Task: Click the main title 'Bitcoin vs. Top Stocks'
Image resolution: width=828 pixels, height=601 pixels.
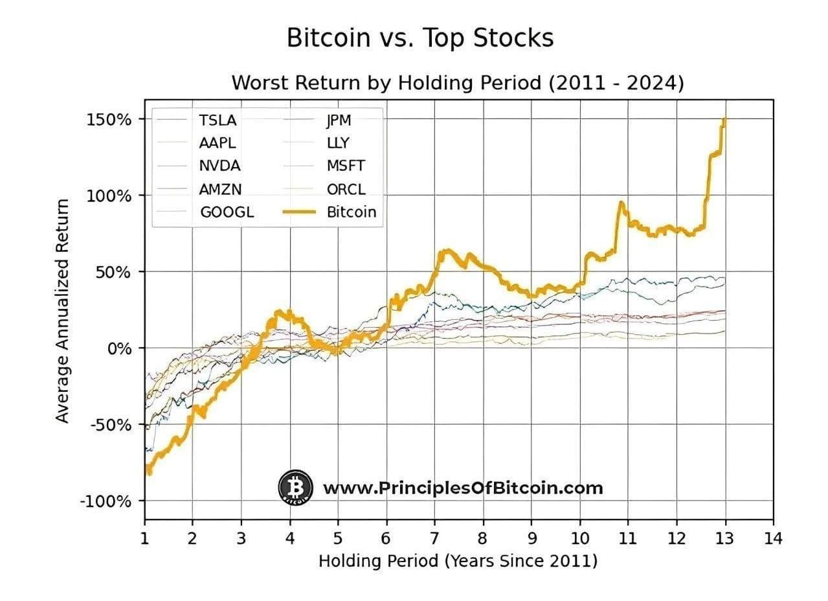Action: click(420, 38)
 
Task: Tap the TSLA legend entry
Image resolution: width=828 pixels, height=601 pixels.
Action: click(218, 120)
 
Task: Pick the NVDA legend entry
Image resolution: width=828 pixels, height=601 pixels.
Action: click(219, 165)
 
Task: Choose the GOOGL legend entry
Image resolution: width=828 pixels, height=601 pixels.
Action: click(227, 211)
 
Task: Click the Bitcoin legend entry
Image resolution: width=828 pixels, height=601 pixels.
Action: click(351, 211)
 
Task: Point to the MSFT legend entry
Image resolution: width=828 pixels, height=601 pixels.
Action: click(346, 165)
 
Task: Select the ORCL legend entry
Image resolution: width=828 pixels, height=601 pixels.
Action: click(346, 188)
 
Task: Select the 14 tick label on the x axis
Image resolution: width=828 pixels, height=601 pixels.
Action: click(772, 538)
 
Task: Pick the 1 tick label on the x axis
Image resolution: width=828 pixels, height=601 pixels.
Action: click(144, 538)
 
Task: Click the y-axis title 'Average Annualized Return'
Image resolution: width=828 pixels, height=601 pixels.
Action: click(62, 311)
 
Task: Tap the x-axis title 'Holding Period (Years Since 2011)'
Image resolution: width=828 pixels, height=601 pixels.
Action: click(458, 561)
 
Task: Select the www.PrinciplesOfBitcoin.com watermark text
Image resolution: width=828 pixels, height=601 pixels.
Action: click(462, 488)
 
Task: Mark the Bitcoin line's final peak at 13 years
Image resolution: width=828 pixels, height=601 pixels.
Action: click(724, 120)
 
